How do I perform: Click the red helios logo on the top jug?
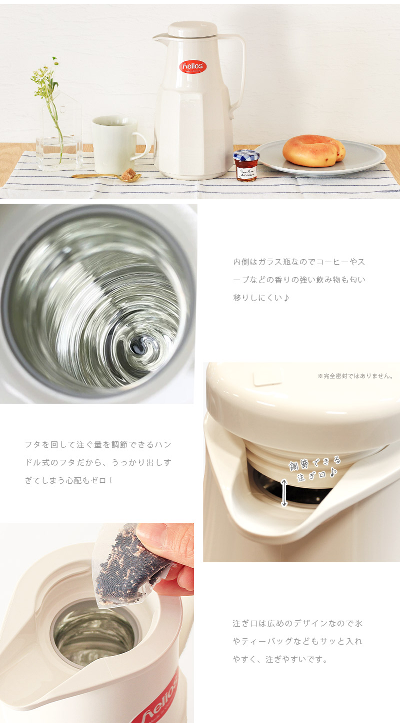coord(192,67)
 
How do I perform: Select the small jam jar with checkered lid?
coord(246,165)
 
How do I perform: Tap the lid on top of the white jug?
coord(192,29)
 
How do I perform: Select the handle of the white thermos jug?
coord(239,70)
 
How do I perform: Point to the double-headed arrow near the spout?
coord(284,492)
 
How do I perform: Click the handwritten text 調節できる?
coord(315,463)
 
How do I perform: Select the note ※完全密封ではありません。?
coord(355,376)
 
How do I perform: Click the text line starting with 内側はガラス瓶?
coord(299,262)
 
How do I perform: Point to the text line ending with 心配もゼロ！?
coord(69,480)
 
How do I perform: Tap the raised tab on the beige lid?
coord(267,378)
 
